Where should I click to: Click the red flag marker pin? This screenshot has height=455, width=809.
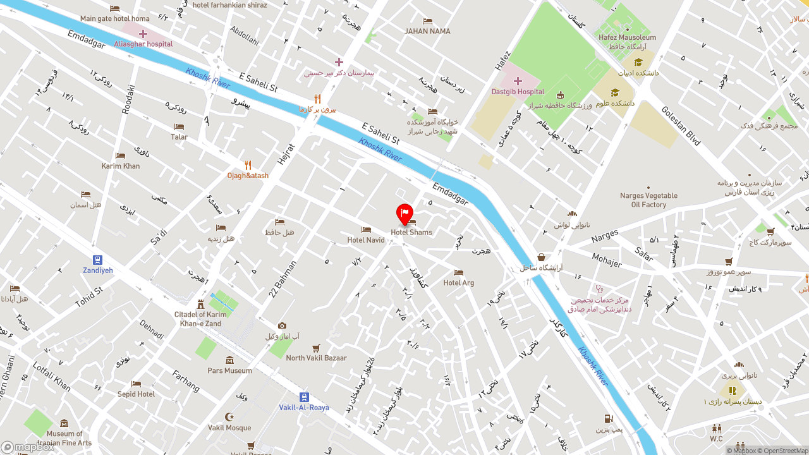[x=404, y=214]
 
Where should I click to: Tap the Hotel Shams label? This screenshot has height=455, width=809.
[x=411, y=233]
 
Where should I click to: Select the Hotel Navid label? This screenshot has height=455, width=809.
[x=366, y=240]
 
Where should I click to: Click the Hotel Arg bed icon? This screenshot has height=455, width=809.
[x=458, y=273]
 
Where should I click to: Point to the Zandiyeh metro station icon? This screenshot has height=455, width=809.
[x=97, y=260]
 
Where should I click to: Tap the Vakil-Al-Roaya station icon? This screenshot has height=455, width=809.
[x=304, y=397]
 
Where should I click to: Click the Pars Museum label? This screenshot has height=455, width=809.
[x=229, y=370]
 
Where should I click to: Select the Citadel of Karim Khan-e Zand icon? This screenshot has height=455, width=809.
[x=200, y=304]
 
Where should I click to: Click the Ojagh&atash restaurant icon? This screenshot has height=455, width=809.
[x=248, y=166]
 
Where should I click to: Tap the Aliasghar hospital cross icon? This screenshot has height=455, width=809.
[x=143, y=33]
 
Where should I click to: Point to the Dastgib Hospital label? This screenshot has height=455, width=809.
[x=518, y=92]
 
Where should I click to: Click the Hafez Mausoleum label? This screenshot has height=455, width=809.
[x=628, y=37]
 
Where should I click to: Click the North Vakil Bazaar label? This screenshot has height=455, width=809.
[x=316, y=358]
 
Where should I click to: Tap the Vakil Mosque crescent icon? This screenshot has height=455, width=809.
[x=229, y=417]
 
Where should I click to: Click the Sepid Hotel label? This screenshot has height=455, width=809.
[x=136, y=394]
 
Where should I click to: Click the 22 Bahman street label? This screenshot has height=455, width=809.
[x=282, y=280]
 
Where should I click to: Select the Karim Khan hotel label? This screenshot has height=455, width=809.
[x=120, y=166]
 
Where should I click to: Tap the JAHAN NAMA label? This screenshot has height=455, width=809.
[x=427, y=31]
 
